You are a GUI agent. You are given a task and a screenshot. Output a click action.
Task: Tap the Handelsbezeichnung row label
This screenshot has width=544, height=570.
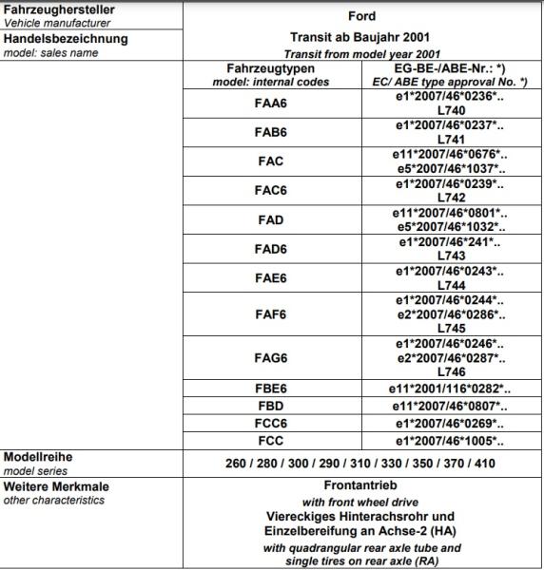67,39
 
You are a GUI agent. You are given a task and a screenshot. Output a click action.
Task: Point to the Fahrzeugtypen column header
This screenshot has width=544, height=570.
270,69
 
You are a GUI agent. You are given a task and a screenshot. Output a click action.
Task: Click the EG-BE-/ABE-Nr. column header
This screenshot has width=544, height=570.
449,69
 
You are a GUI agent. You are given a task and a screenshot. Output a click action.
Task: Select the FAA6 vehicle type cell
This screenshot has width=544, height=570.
270,104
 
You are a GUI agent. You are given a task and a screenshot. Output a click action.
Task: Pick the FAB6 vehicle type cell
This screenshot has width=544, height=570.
270,133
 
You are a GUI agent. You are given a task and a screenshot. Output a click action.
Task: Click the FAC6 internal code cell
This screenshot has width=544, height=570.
270,190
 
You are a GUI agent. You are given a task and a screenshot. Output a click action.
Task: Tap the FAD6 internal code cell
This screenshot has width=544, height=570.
270,249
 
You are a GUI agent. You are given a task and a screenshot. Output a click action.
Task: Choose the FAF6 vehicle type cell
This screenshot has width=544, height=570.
270,314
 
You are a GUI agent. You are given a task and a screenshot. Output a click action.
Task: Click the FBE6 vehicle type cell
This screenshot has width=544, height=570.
270,389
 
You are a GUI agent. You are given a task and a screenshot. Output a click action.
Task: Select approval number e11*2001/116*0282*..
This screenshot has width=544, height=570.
449,389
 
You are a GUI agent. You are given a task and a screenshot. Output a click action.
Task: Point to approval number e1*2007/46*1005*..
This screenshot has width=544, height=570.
449,441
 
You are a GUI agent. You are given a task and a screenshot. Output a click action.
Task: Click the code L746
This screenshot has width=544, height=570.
451,374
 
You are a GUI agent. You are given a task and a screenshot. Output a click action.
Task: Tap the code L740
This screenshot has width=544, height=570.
451,110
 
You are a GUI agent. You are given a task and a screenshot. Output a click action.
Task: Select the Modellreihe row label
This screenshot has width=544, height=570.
39,457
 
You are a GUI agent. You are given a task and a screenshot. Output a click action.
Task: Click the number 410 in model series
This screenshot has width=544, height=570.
484,464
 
